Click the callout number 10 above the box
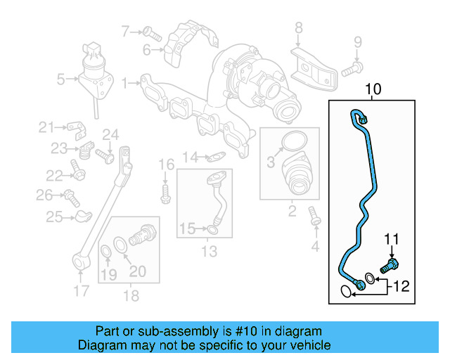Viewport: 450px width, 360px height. pyautogui.click(x=373, y=89)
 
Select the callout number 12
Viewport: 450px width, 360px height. pyautogui.click(x=399, y=286)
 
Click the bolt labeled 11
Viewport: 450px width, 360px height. pyautogui.click(x=388, y=266)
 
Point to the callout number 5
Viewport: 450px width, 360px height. pyautogui.click(x=61, y=79)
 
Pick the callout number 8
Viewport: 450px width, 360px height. pyautogui.click(x=298, y=28)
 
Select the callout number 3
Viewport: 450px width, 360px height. pyautogui.click(x=270, y=164)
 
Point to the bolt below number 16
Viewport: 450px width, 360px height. pyautogui.click(x=165, y=193)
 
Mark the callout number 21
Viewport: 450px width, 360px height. pyautogui.click(x=46, y=127)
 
